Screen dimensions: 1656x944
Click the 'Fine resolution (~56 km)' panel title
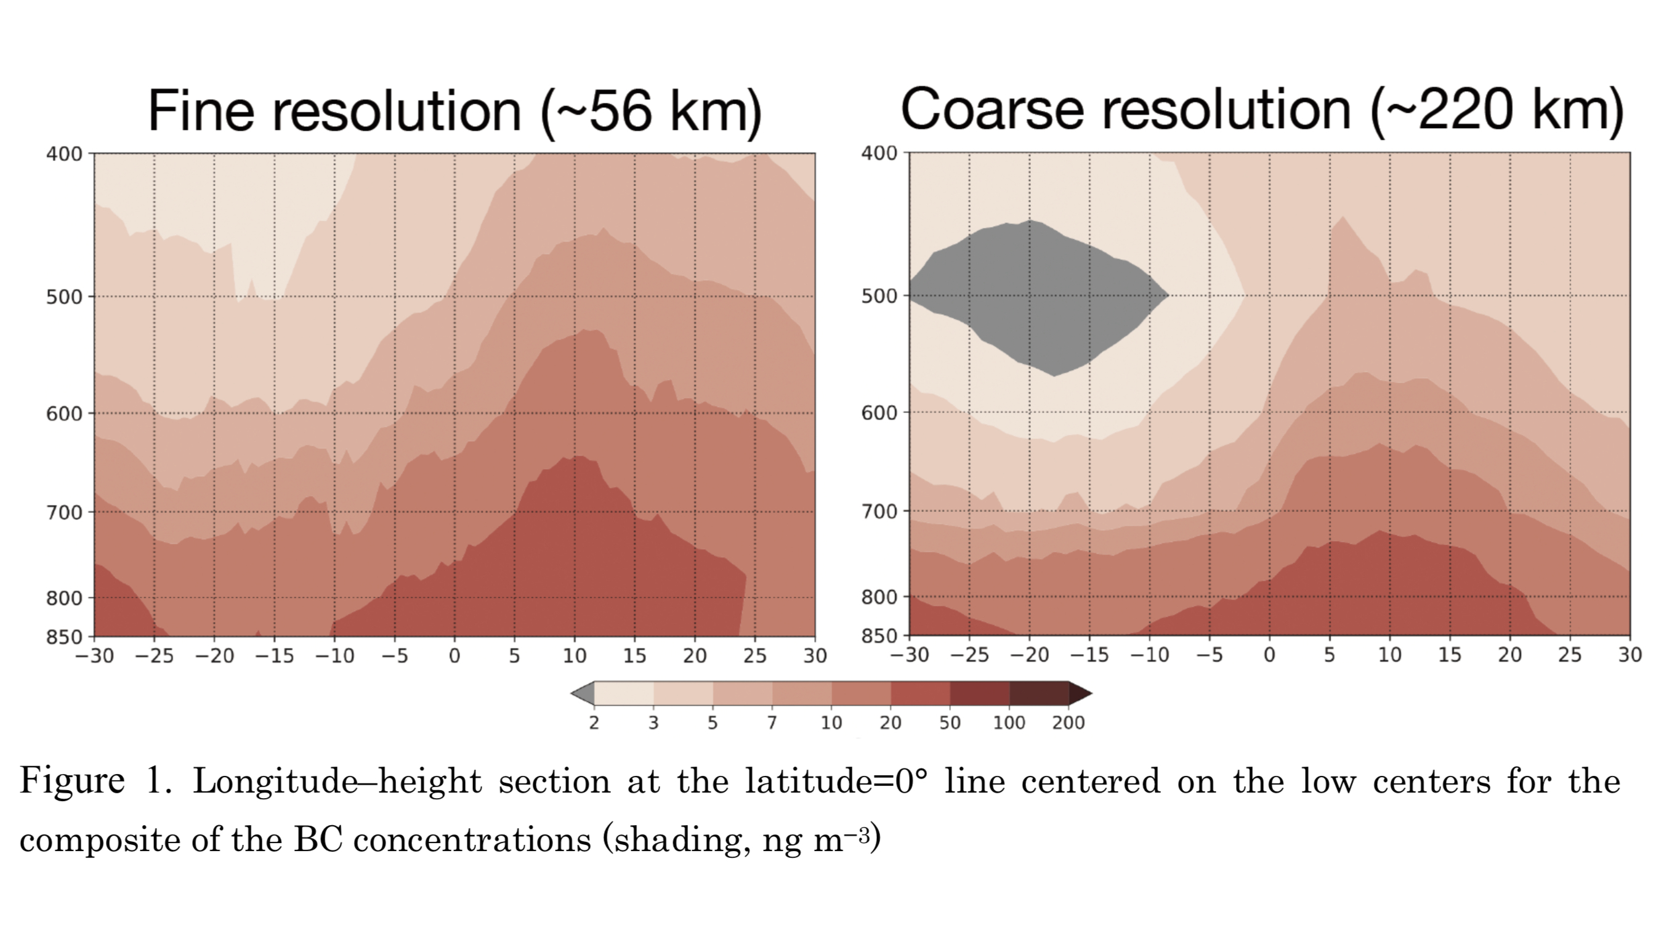(x=454, y=111)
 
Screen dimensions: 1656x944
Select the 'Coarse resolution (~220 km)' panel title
(x=1262, y=110)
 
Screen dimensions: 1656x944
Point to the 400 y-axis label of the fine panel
(x=64, y=155)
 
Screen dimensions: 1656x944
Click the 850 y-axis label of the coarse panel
(x=879, y=636)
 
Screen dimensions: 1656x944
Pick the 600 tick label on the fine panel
(x=64, y=413)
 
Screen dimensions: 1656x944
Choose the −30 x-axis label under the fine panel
(x=95, y=656)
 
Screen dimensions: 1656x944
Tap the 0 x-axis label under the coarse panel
(x=1269, y=655)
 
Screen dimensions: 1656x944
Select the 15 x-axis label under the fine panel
(x=635, y=656)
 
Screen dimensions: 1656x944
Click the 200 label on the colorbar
(x=1068, y=723)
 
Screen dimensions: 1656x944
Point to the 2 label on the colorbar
(x=594, y=723)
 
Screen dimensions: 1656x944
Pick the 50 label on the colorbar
(x=950, y=723)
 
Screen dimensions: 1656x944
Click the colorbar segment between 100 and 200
(x=1040, y=693)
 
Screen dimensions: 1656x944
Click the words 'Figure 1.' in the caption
(x=95, y=781)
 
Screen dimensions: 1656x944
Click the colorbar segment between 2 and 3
(x=624, y=693)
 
